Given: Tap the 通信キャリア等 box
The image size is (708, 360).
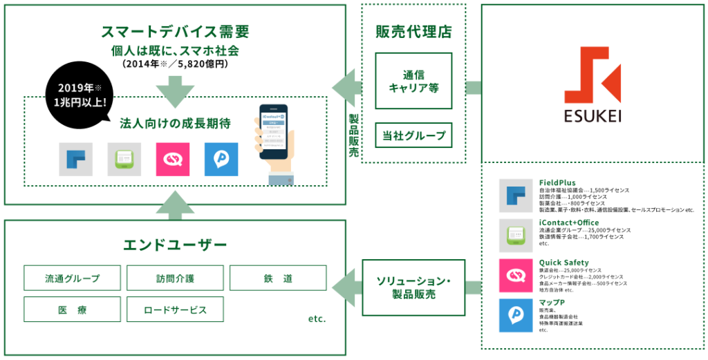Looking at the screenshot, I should tap(413, 82).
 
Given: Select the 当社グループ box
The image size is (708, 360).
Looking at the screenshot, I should tap(413, 135).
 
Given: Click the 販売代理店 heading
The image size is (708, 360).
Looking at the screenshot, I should tap(413, 31).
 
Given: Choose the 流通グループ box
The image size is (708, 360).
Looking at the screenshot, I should tap(72, 278).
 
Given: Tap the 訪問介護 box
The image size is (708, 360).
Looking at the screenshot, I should tap(175, 278).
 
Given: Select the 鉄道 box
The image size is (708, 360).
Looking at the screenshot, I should tap(278, 278).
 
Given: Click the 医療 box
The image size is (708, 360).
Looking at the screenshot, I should tap(72, 310).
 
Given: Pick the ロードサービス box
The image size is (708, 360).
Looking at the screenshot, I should tap(175, 310).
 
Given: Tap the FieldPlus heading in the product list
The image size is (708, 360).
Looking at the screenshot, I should tap(557, 183).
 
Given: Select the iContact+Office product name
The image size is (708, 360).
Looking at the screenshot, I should tap(569, 222).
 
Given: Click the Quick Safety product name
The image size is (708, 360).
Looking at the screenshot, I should tap(563, 263).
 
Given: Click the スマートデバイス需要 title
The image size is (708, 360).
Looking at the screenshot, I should tap(174, 31).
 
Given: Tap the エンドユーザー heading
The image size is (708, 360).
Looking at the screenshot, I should tap(174, 245).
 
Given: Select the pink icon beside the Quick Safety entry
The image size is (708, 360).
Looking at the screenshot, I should tap(516, 275).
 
